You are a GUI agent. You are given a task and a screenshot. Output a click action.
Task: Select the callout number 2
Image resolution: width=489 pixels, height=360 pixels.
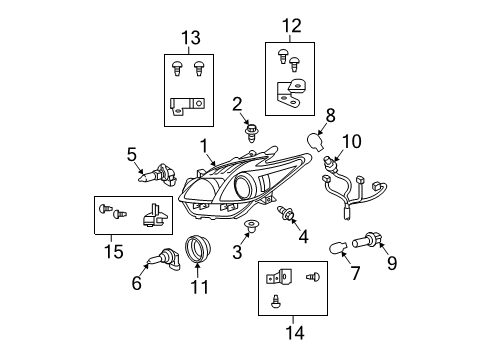pyautogui.click(x=237, y=103)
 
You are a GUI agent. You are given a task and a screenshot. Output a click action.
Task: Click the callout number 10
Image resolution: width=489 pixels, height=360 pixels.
pyautogui.click(x=350, y=140)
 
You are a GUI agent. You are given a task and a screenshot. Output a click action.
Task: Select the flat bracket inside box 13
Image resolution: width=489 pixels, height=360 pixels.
pyautogui.click(x=187, y=103)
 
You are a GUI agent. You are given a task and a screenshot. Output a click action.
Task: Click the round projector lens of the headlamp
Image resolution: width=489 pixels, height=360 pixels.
pyautogui.click(x=245, y=187)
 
